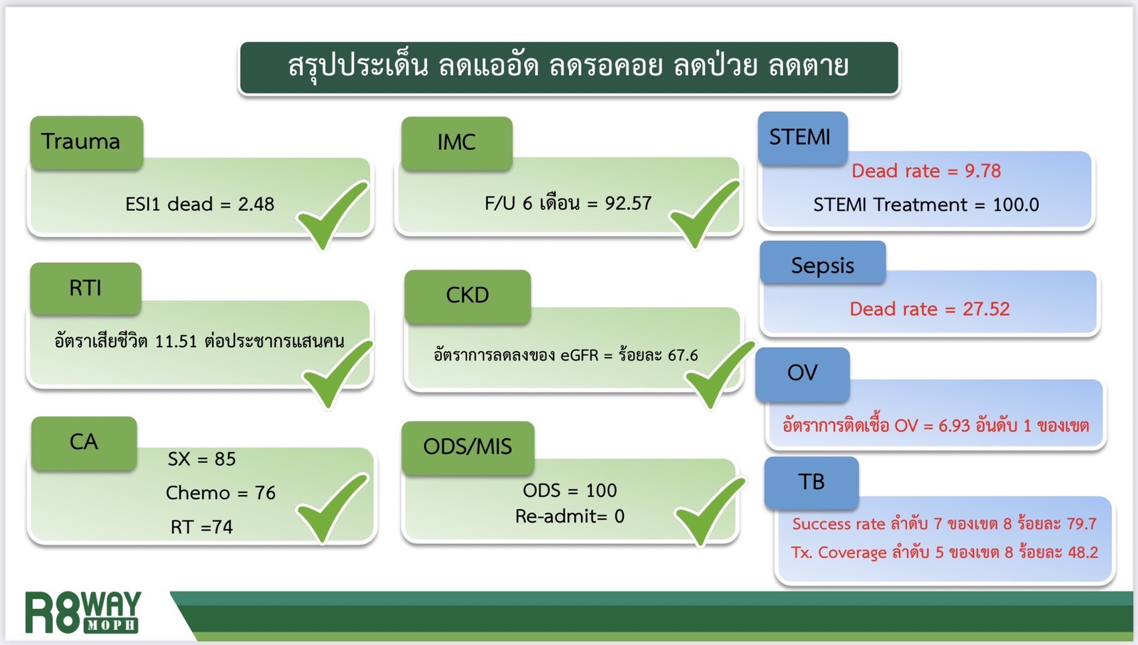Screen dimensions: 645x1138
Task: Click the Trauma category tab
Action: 86,142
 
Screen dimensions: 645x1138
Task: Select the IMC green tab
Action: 457,143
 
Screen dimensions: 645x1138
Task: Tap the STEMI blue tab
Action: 802,138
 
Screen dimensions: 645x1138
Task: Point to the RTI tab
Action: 86,288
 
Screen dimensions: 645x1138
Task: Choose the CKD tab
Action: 467,296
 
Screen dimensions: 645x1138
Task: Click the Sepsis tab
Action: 822,265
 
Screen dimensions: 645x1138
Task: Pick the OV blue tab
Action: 802,373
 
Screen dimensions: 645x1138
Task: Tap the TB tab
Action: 811,482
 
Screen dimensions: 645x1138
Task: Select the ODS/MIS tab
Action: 467,447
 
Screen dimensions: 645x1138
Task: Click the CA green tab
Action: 84,442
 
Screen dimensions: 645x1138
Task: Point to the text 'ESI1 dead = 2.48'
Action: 199,204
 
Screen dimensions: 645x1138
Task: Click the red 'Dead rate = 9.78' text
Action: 926,171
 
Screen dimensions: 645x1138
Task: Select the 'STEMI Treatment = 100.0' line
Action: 926,205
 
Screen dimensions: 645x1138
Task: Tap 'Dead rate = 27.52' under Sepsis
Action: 929,309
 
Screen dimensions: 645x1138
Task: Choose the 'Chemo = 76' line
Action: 220,493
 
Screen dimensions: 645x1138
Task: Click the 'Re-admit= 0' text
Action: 569,517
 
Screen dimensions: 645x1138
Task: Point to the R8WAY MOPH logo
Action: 83,612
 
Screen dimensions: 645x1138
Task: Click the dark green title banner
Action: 568,68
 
